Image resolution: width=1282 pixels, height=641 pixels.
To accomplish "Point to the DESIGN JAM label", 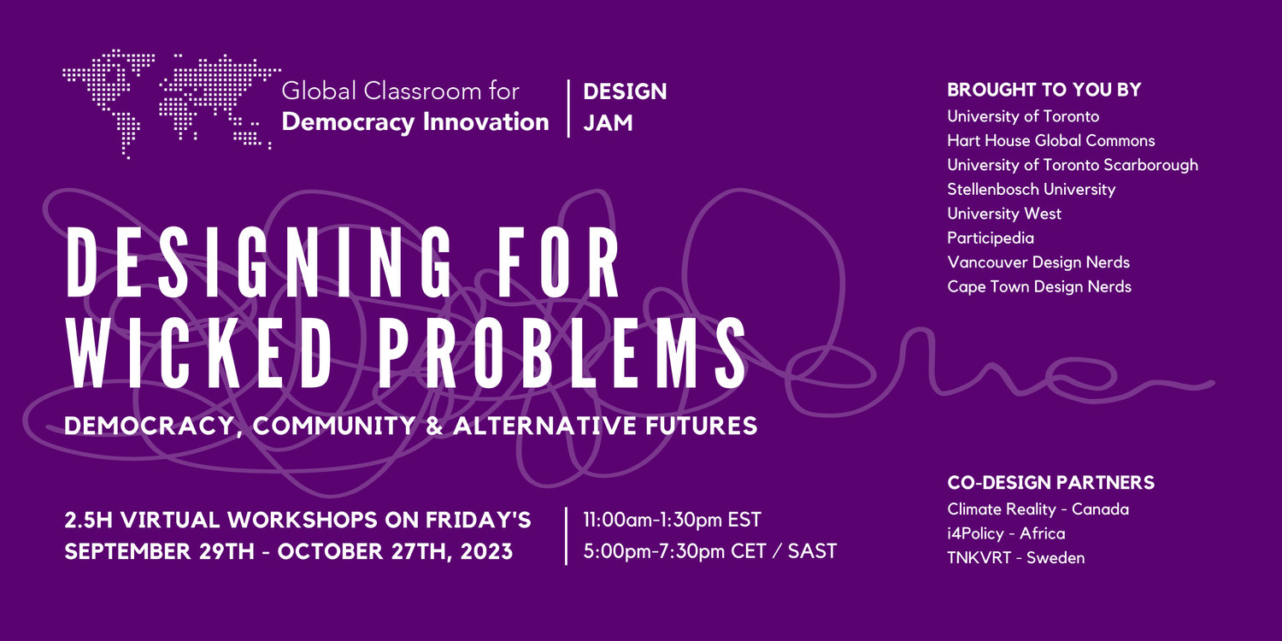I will tap(624, 106).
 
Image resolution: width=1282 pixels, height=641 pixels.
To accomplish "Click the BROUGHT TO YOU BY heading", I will tap(1044, 90).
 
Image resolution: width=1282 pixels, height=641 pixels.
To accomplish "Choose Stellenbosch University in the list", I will tap(1031, 189).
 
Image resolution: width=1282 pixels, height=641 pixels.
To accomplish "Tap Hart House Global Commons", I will tap(1050, 140).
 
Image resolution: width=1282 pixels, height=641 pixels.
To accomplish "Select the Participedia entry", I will tap(990, 238).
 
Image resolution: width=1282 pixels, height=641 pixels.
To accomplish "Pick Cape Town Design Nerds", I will tap(1038, 287).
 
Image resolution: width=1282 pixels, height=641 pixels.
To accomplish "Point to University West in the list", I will tap(1003, 214).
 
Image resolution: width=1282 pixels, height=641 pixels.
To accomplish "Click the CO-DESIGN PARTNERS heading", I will tap(1050, 483).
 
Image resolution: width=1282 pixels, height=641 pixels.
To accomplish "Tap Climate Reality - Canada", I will tap(1038, 509).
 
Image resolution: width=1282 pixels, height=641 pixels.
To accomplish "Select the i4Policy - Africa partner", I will tap(1005, 533).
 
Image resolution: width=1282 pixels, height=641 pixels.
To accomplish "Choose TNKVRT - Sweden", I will tap(1015, 558).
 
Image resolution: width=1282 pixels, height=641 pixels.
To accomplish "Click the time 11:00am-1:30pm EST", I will tap(672, 520).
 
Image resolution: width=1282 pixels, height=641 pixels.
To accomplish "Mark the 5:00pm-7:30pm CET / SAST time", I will tap(709, 550).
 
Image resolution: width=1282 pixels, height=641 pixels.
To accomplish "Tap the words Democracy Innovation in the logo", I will tap(415, 121).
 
